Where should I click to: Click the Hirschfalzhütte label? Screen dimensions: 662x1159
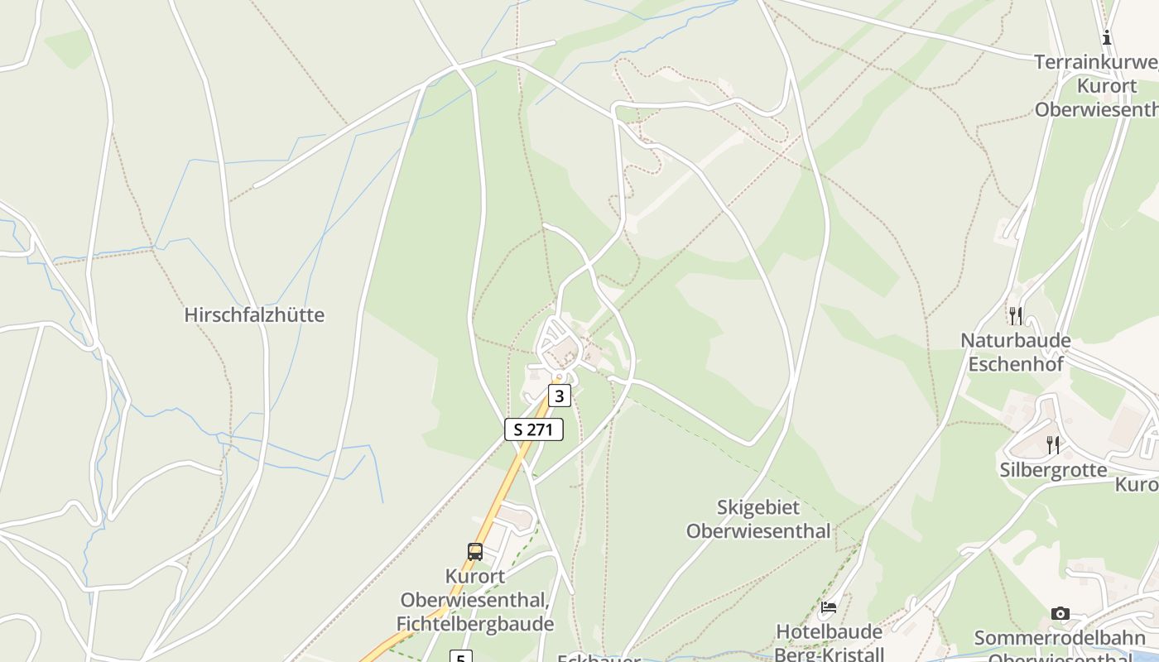254,315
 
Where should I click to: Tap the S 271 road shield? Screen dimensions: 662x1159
534,429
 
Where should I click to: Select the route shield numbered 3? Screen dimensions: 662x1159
560,396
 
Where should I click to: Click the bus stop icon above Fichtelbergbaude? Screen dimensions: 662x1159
475,551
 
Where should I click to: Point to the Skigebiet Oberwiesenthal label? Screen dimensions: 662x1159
757,519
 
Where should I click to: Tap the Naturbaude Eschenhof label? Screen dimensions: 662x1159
1015,352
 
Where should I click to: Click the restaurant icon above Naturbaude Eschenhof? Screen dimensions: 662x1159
1015,315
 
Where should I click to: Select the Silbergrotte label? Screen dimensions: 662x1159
1053,470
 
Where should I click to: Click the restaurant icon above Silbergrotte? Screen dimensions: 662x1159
1052,444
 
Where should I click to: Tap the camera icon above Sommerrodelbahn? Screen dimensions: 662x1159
1060,613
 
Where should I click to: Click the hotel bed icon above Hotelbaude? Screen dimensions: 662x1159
828,607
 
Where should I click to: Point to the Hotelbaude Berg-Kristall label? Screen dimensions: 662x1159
830,643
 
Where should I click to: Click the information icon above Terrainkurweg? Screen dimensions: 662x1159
1106,37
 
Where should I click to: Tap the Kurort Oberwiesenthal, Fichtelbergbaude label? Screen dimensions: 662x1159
474,600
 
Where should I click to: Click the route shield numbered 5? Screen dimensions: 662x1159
460,657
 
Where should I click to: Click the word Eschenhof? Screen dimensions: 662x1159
1015,363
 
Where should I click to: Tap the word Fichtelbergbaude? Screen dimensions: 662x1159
474,624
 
